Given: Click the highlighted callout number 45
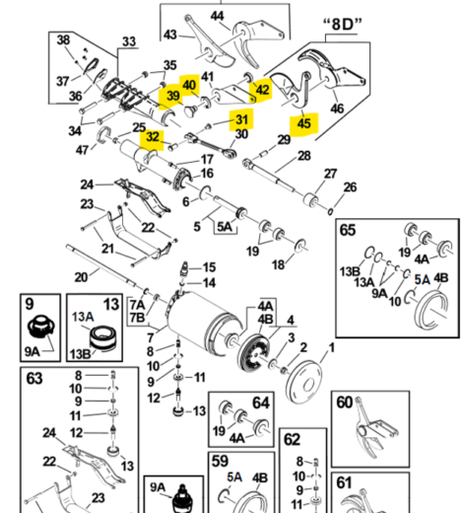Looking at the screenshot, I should click(x=303, y=124).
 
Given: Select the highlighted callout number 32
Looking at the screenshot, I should click(x=151, y=138).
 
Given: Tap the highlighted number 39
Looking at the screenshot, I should click(x=172, y=96).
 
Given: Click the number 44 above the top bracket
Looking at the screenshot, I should click(x=217, y=16).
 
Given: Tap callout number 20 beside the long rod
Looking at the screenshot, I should click(x=81, y=276).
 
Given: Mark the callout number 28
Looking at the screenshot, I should click(x=303, y=157).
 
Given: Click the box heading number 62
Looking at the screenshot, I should click(x=292, y=438).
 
